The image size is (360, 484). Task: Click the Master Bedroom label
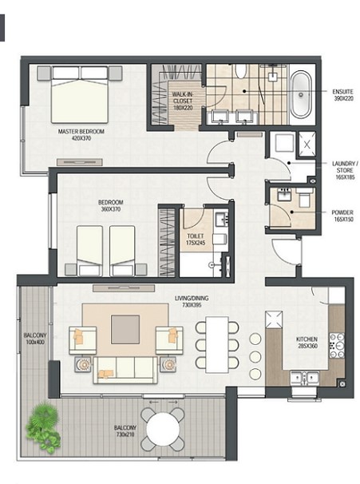(x=81, y=135)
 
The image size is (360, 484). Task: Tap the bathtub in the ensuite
(x=301, y=94)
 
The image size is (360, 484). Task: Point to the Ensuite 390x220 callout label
(x=342, y=95)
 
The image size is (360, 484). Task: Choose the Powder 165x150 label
(x=342, y=216)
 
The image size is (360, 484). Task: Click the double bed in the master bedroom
(x=80, y=94)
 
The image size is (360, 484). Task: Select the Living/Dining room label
(x=192, y=302)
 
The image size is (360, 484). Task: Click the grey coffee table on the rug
(x=125, y=329)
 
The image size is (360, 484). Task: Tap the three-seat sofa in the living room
(x=125, y=370)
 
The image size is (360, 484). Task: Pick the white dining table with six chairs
(x=217, y=344)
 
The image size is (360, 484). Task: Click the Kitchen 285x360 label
(x=307, y=343)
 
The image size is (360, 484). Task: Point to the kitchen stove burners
(x=337, y=345)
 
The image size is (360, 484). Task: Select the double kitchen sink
(x=304, y=378)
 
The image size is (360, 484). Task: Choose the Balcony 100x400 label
(x=35, y=339)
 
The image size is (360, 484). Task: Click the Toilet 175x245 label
(x=196, y=240)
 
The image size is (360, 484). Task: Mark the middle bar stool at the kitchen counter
(x=255, y=356)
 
